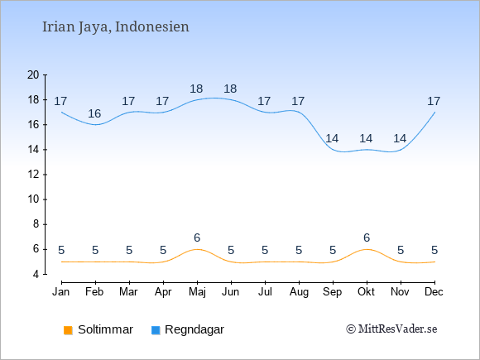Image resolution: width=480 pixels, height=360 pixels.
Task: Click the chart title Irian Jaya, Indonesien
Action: coord(115,27)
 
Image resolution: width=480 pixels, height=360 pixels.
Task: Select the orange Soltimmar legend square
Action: coord(68,330)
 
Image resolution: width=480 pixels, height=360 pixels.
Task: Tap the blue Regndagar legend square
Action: coord(156,330)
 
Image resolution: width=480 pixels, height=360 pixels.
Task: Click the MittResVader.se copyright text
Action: coord(391,329)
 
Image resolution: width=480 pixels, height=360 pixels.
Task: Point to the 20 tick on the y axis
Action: coord(45,74)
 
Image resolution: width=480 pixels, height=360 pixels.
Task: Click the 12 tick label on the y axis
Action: coord(33,175)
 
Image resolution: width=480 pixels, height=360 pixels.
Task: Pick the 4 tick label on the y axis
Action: coord(36,274)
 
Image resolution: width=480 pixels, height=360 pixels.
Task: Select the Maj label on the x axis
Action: coord(197,292)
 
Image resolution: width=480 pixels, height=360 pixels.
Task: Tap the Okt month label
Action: coord(366,292)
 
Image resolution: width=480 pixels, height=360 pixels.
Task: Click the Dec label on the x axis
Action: coord(434,292)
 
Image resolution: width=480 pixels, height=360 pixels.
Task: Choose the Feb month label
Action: coord(94,292)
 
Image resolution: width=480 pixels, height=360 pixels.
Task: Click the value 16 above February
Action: coord(94,114)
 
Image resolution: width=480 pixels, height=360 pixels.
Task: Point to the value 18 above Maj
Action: coord(196,89)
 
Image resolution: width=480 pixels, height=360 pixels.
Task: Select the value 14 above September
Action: coord(332,139)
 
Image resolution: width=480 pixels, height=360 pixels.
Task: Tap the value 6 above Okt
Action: coord(367,238)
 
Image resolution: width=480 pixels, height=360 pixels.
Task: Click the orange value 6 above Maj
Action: coord(197,238)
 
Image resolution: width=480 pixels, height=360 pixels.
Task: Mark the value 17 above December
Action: coord(434,101)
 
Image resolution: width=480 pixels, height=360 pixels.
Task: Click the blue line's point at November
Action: coord(401,150)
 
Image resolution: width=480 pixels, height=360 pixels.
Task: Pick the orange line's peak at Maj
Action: coord(197,249)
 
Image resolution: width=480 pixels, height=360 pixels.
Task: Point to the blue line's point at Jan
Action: coord(61,112)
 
